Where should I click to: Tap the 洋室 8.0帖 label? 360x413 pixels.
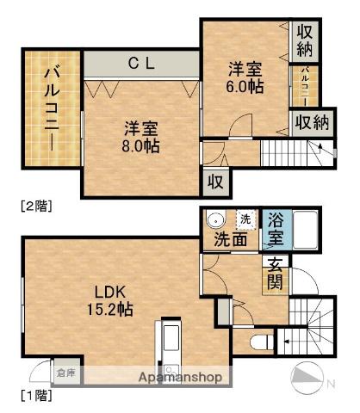pos(140,137)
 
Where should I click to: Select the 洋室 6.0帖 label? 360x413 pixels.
pos(245,77)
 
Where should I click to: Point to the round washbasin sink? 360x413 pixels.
pos(215,219)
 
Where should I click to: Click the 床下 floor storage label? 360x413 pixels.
pos(65,373)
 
